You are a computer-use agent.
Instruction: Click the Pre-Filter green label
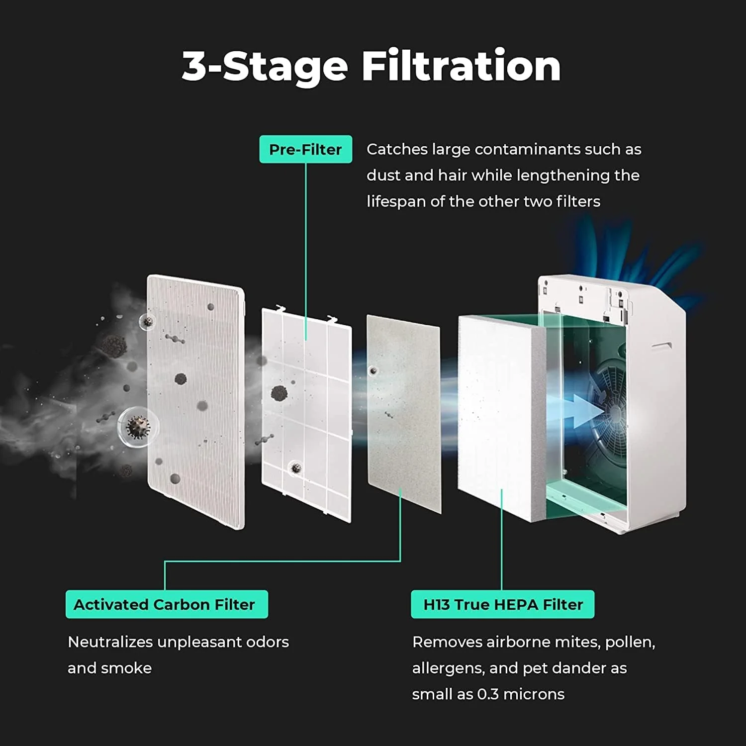pyautogui.click(x=305, y=149)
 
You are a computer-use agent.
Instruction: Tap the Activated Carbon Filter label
pyautogui.click(x=167, y=604)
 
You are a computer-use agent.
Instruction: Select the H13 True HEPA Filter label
pyautogui.click(x=502, y=604)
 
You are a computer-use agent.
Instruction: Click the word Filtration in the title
pyautogui.click(x=461, y=66)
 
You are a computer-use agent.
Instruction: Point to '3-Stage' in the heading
pyautogui.click(x=265, y=66)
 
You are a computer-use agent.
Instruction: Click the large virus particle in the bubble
pyautogui.click(x=138, y=427)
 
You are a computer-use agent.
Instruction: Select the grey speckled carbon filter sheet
pyautogui.click(x=404, y=413)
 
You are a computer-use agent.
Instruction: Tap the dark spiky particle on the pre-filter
pyautogui.click(x=279, y=393)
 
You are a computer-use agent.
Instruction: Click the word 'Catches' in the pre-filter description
pyautogui.click(x=397, y=149)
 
